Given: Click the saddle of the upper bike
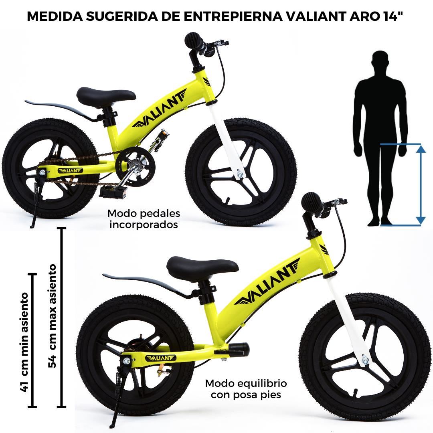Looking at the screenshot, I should coord(106,95).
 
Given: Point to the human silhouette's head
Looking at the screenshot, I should coord(380,61).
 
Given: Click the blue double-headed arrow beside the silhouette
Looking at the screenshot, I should coord(420,184).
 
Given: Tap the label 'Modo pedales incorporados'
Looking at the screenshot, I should coord(144,219).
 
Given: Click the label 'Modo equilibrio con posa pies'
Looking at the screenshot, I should coord(246,388).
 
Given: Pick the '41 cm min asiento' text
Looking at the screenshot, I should coord(24,342).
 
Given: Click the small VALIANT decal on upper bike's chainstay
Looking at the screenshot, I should coord(70,170).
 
